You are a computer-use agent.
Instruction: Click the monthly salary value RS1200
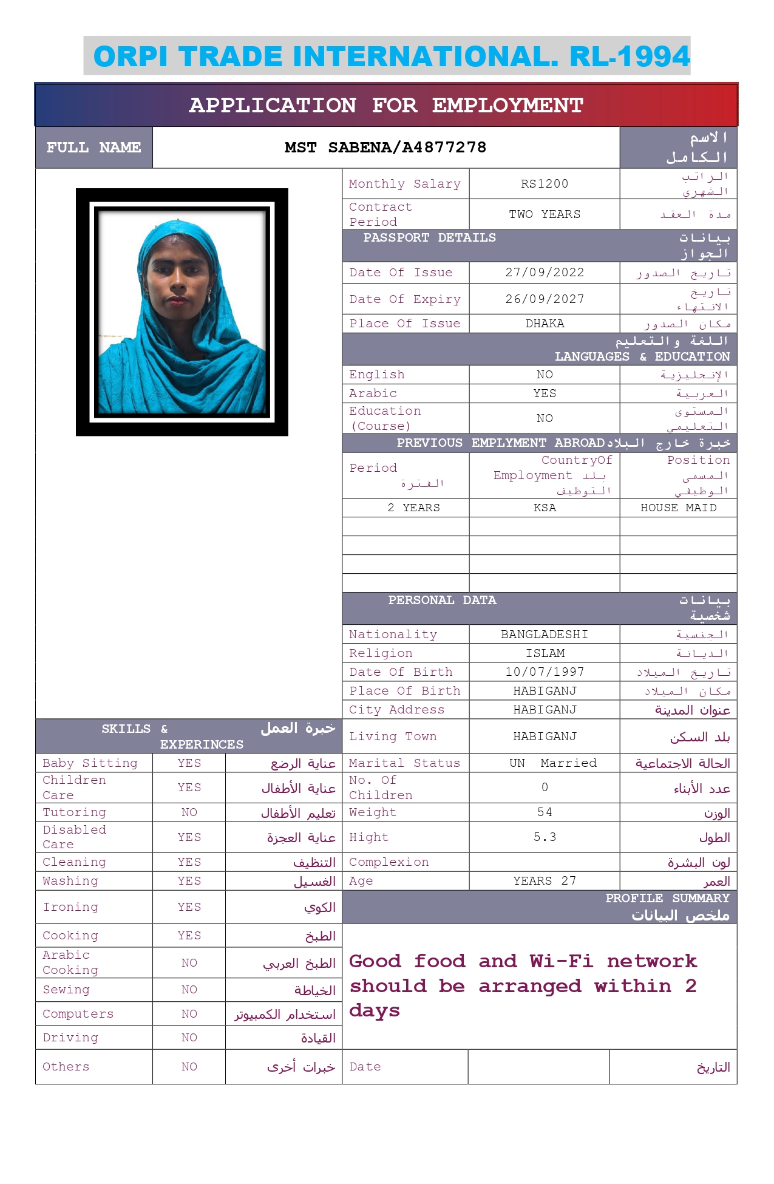[x=545, y=183]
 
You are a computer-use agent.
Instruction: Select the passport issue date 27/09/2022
[x=545, y=272]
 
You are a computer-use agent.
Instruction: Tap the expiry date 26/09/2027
[x=545, y=299]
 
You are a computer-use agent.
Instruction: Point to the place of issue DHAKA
[x=545, y=324]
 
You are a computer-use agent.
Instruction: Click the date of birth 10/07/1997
[x=545, y=672]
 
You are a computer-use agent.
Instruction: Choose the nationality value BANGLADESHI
[x=545, y=634]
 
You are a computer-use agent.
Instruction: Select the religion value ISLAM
[x=545, y=653]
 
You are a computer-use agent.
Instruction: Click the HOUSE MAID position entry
[x=678, y=508]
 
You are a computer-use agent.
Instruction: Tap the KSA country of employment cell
[x=545, y=508]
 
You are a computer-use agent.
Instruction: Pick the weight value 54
[x=545, y=812]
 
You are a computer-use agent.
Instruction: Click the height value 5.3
[x=545, y=837]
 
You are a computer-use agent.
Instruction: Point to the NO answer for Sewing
[x=189, y=989]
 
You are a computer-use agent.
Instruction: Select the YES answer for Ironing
[x=189, y=907]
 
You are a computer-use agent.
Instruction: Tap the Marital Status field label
[x=404, y=763]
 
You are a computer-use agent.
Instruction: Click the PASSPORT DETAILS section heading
[x=429, y=237]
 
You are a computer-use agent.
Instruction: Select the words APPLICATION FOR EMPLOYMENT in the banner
[x=386, y=105]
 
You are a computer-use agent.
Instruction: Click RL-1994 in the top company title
[x=630, y=56]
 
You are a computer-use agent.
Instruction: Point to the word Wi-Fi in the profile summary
[x=561, y=961]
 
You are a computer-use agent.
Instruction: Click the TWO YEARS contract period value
[x=545, y=214]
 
